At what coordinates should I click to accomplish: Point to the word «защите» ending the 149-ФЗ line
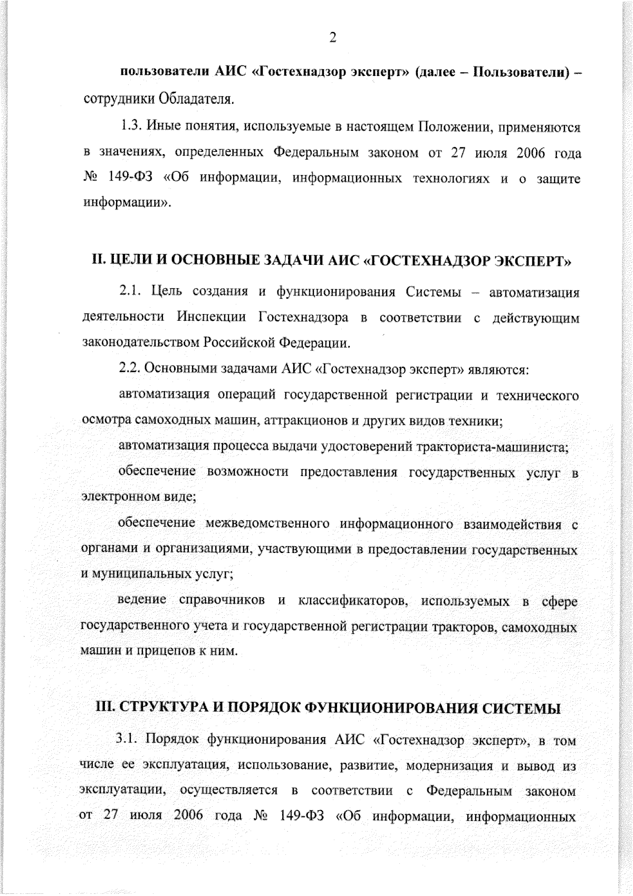pos(558,179)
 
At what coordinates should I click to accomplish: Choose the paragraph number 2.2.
pos(130,369)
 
